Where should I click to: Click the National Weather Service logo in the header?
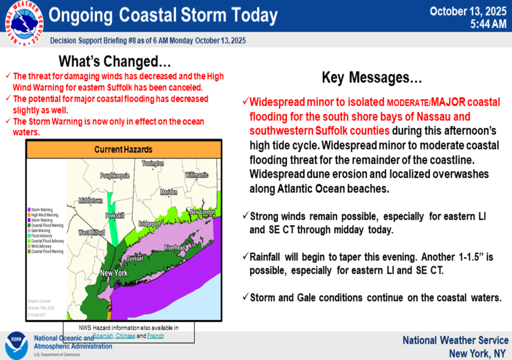click(23, 23)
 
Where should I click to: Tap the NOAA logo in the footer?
click(16, 344)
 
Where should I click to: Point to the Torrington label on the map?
click(152, 163)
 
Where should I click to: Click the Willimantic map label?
click(196, 175)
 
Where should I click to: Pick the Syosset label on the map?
click(135, 258)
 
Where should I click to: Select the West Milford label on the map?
click(91, 233)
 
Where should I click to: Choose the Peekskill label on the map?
click(114, 216)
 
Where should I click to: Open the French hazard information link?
click(155, 336)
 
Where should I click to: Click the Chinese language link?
click(125, 336)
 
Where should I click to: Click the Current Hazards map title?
click(123, 149)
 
